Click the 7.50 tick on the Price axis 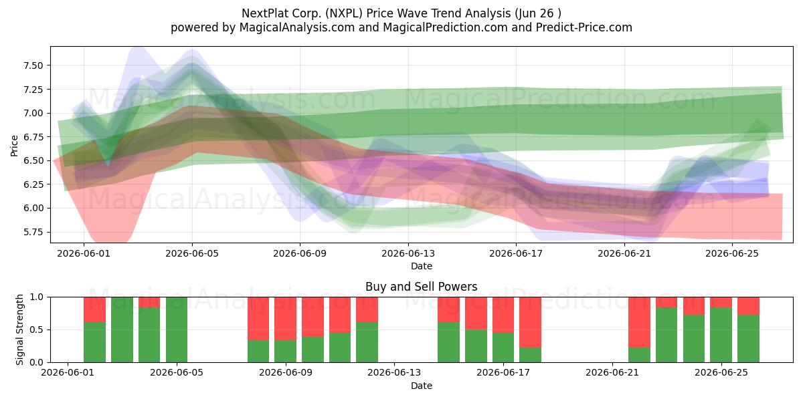33,65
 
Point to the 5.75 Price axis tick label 33,232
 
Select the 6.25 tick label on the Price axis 33,184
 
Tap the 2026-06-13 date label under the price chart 408,253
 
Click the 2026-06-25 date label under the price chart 732,253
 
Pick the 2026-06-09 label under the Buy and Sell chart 286,373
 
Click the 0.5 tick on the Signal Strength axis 37,329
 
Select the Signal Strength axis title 19,329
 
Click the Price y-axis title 14,146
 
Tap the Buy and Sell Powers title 421,287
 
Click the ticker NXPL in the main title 343,13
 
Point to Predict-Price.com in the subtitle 584,27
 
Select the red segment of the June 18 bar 530,322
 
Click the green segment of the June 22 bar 639,355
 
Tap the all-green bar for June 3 122,329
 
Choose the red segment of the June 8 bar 258,319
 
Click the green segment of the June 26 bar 748,339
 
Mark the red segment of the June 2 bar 94,309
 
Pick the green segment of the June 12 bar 367,342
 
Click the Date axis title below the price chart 421,266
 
